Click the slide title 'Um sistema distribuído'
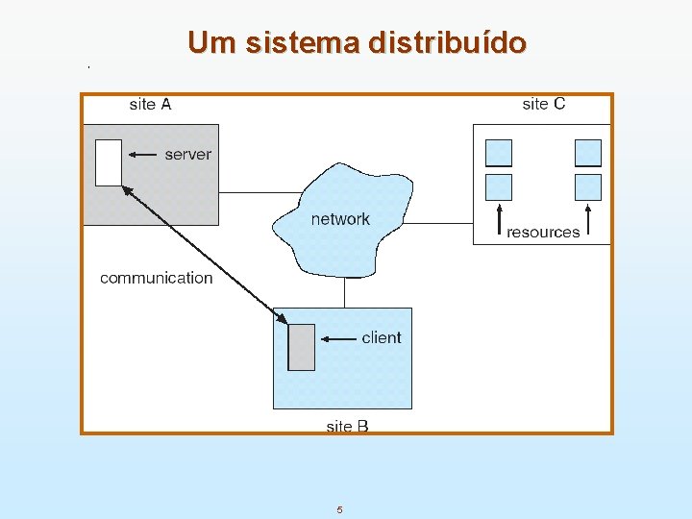(358, 43)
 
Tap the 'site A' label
(150, 104)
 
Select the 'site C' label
(544, 104)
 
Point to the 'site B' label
(347, 426)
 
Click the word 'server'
(188, 154)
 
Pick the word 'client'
(382, 337)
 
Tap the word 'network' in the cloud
(340, 219)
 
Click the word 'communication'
(157, 278)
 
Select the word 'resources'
(543, 232)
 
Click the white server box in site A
(109, 162)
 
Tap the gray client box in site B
(302, 347)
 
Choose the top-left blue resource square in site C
(499, 153)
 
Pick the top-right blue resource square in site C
(588, 153)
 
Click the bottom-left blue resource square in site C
(499, 186)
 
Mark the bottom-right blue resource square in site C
(588, 186)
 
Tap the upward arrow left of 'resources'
(499, 219)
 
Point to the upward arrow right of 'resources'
(588, 219)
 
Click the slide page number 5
(339, 509)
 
